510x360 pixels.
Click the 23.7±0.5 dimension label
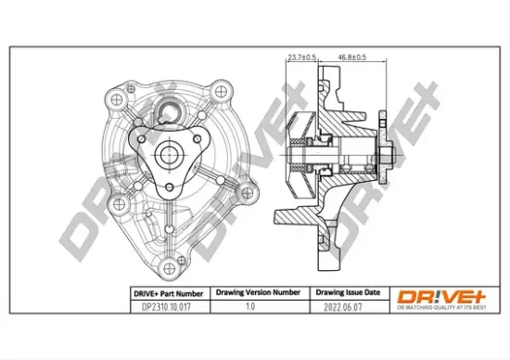(x=301, y=58)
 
